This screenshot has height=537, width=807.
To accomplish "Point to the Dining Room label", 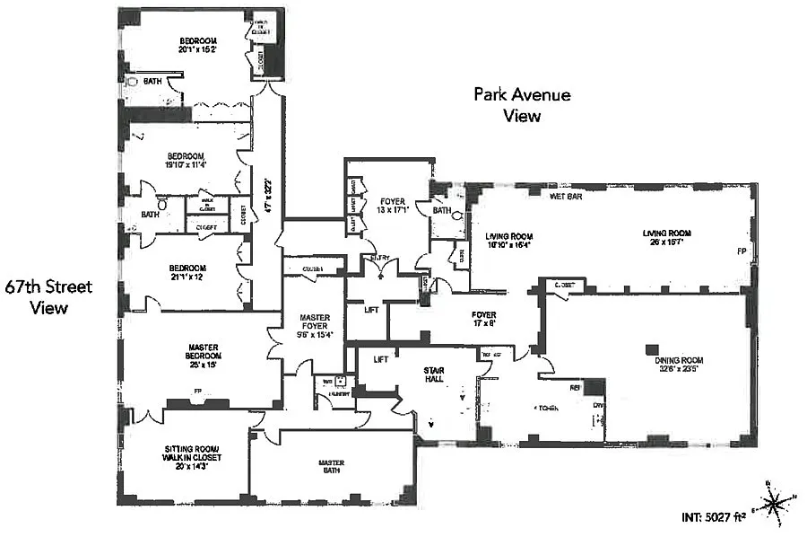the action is pyautogui.click(x=665, y=362).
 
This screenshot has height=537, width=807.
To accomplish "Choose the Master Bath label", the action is pyautogui.click(x=332, y=468).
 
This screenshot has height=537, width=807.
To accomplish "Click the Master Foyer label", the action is pyautogui.click(x=314, y=325).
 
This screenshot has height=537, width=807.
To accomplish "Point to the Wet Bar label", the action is pyautogui.click(x=562, y=195).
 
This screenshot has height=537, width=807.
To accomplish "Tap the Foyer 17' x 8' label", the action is pyautogui.click(x=483, y=319).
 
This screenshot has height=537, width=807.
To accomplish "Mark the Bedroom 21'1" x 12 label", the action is pyautogui.click(x=187, y=272).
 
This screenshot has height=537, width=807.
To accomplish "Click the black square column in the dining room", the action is pyautogui.click(x=653, y=349).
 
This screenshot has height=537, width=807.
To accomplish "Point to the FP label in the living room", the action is pyautogui.click(x=741, y=250).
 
